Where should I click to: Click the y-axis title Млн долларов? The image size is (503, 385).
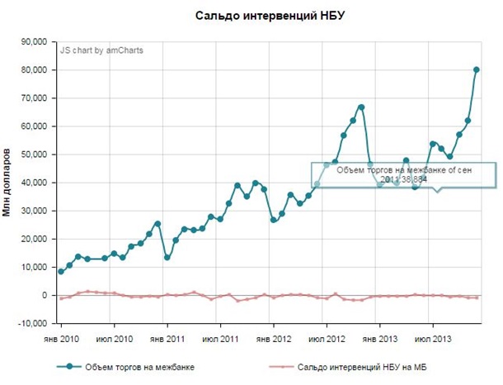7,183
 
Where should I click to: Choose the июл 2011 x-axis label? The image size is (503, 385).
221,339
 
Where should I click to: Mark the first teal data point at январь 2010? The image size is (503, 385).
61,271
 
